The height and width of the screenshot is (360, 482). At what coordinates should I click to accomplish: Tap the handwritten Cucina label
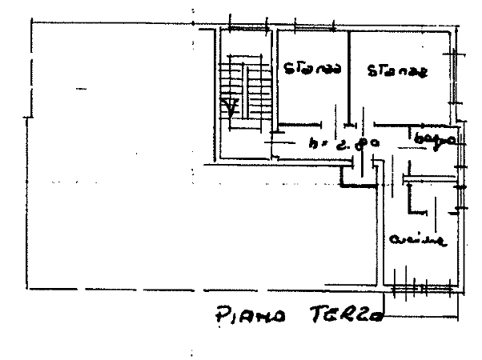click(x=414, y=240)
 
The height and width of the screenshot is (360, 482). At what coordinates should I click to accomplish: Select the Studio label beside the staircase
click(x=313, y=70)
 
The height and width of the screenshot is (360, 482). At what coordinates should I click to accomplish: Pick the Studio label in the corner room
click(x=398, y=72)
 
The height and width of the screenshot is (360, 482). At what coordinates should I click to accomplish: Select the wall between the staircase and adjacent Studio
click(x=275, y=80)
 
